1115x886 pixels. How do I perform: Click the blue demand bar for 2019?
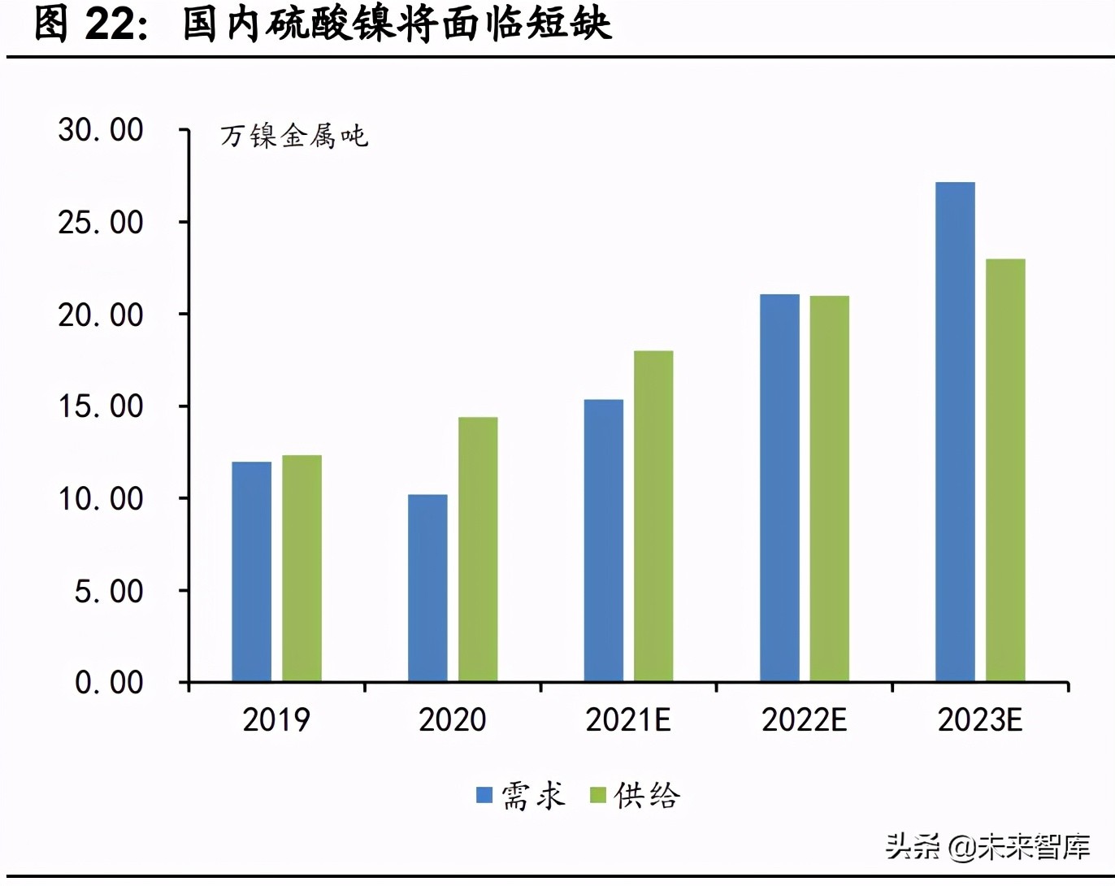click(x=251, y=571)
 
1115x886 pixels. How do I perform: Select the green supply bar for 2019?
click(x=302, y=568)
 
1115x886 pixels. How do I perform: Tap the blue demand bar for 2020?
click(x=427, y=588)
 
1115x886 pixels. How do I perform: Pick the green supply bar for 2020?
click(x=478, y=549)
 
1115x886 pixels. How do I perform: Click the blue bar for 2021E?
click(x=603, y=541)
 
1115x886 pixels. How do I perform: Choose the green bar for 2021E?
click(x=653, y=516)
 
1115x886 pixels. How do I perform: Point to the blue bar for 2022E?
click(x=779, y=488)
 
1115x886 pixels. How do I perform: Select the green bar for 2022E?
click(x=830, y=489)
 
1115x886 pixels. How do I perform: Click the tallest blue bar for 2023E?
click(x=955, y=432)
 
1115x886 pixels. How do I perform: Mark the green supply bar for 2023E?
click(x=1005, y=470)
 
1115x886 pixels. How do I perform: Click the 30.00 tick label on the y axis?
click(x=101, y=130)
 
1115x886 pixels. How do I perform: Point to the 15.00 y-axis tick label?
click(x=101, y=406)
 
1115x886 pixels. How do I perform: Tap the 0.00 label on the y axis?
click(x=109, y=683)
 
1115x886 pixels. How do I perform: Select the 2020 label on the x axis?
click(x=452, y=720)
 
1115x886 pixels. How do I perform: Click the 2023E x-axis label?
click(x=980, y=720)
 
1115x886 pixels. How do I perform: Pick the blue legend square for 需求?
click(x=484, y=795)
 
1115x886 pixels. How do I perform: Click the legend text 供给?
click(x=647, y=795)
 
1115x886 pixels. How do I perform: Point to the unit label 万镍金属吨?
click(x=294, y=136)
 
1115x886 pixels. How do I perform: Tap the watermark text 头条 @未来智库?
click(x=987, y=847)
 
